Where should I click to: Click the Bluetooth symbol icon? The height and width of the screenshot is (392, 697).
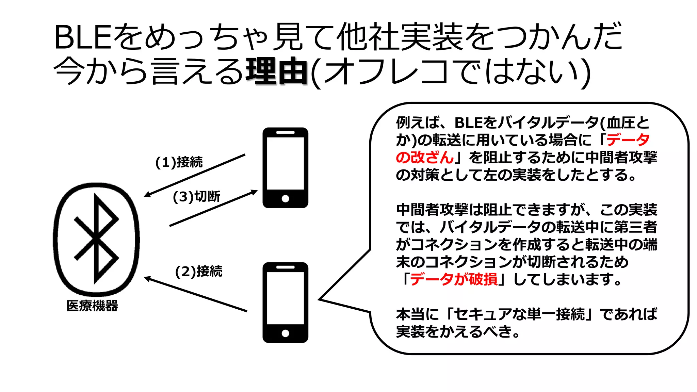coord(97,239)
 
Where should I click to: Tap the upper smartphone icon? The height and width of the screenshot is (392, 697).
coord(285,168)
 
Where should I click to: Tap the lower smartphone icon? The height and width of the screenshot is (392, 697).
coord(285,302)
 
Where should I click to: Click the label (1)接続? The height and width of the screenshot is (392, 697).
coord(179,162)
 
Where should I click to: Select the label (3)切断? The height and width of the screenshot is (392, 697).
coord(196,197)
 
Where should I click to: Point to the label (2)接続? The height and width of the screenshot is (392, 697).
coord(199,272)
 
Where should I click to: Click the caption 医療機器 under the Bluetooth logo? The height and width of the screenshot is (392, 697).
coord(92,306)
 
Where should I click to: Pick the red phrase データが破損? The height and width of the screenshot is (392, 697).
coord(454,279)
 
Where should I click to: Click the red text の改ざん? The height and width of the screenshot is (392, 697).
coord(424,158)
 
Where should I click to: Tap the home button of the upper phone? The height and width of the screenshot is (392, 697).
coord(286,199)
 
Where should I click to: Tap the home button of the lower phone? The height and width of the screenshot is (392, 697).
coord(286,333)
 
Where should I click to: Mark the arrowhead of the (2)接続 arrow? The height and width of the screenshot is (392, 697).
coord(147,278)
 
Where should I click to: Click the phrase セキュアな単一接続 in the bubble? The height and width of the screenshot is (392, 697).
coord(519,314)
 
